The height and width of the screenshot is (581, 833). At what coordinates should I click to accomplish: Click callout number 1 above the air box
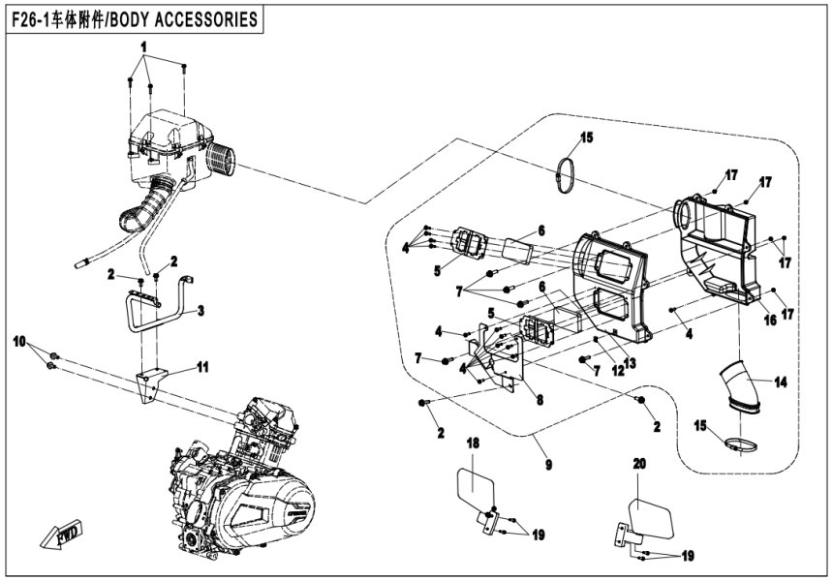[143, 46]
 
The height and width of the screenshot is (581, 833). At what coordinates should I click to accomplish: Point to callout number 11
[202, 366]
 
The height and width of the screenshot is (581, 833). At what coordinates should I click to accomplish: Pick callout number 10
[16, 344]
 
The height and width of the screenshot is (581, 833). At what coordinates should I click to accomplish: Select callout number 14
[781, 382]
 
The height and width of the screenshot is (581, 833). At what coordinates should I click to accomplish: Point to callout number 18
[474, 442]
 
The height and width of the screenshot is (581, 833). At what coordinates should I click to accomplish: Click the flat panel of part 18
[478, 487]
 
